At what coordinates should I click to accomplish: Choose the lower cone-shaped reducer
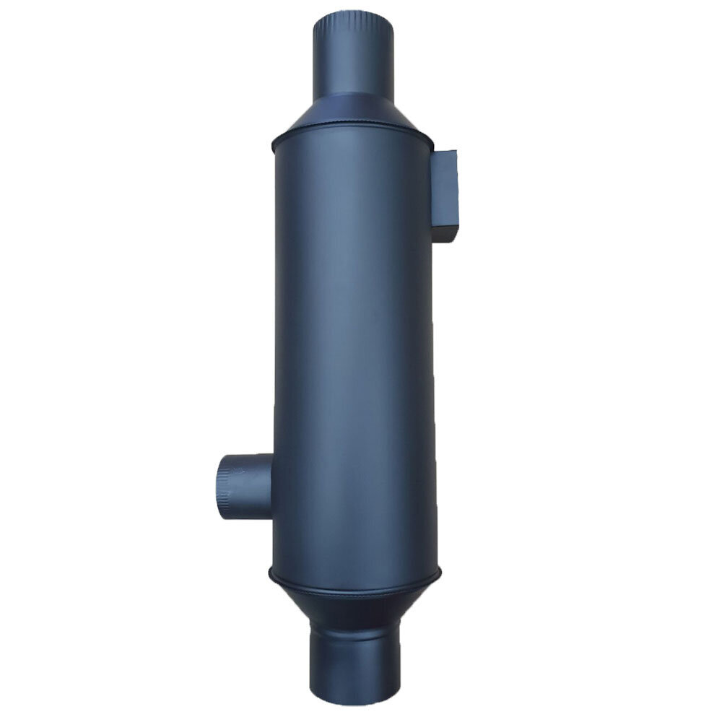pos(354,603)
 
